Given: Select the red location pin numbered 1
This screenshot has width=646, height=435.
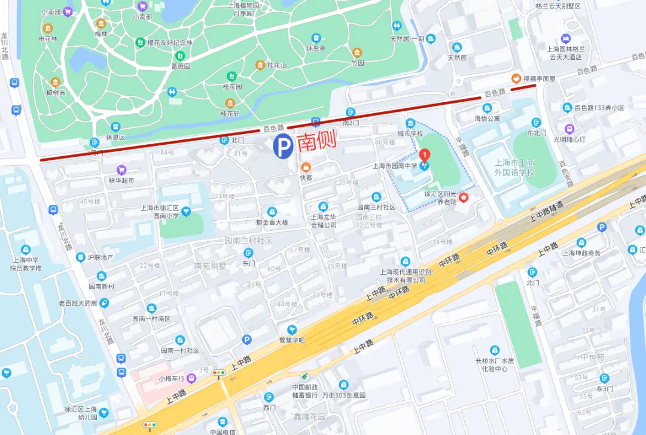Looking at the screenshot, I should click(x=425, y=156).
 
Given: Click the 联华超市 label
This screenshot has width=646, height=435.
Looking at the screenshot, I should click(x=121, y=180).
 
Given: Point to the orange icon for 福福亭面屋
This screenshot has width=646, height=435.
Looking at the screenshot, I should click(x=514, y=78).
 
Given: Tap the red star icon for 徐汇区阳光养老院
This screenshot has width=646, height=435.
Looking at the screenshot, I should click(x=463, y=197).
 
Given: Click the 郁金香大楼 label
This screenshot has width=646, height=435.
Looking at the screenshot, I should click(x=272, y=222).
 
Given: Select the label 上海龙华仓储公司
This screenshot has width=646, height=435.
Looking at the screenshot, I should click(x=323, y=221).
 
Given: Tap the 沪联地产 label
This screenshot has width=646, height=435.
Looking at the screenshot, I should click(x=100, y=257).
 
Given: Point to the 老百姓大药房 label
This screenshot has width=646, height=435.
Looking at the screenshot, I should click(x=78, y=303).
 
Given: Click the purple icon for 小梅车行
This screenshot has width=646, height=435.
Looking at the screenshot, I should click(x=191, y=378).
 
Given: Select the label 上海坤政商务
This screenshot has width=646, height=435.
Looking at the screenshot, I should click(x=581, y=253).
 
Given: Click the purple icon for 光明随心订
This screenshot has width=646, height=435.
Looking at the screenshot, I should click(x=569, y=139).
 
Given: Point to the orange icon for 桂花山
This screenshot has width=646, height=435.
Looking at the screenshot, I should click(x=260, y=65).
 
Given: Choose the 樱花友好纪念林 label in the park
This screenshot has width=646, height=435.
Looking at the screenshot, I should click(x=170, y=42).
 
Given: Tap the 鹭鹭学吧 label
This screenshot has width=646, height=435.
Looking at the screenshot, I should click(x=292, y=340).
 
